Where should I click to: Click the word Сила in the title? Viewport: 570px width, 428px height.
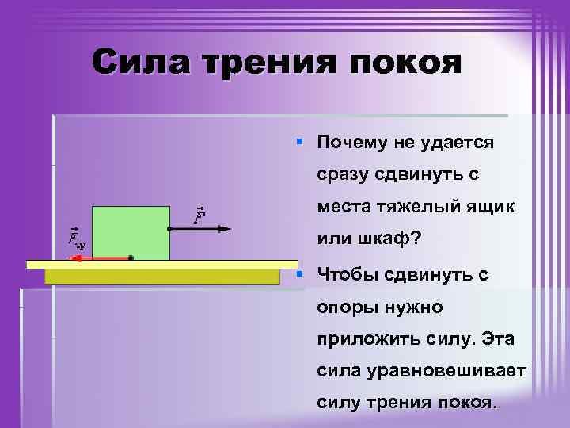pyautogui.click(x=140, y=62)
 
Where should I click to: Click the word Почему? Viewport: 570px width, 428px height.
pyautogui.click(x=354, y=143)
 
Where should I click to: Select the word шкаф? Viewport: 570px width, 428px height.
pyautogui.click(x=386, y=238)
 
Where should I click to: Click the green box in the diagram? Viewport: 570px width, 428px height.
pyautogui.click(x=131, y=232)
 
